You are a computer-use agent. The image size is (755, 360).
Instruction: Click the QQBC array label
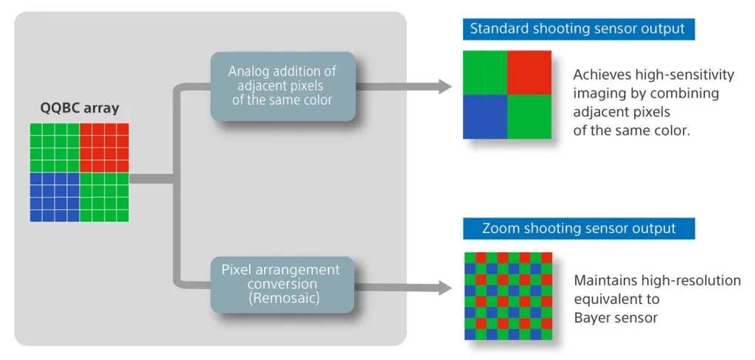[x=79, y=108]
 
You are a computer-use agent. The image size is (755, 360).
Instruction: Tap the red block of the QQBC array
[x=104, y=148]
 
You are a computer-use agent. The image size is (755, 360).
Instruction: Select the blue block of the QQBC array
[x=55, y=197]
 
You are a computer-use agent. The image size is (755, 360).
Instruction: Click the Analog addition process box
[x=282, y=86]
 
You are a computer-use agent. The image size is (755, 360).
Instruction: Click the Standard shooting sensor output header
[x=577, y=30]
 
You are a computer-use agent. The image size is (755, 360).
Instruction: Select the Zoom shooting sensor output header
[x=579, y=228]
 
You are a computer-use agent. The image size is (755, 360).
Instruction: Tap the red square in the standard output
[x=529, y=72]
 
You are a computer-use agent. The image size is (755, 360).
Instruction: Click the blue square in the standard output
[x=485, y=117]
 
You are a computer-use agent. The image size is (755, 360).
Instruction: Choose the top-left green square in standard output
[x=485, y=72]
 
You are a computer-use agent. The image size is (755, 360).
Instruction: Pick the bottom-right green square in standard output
[x=529, y=117]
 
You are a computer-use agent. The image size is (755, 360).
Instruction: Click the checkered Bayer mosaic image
[x=508, y=296]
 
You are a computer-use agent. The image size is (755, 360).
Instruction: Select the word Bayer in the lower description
[x=593, y=318]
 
